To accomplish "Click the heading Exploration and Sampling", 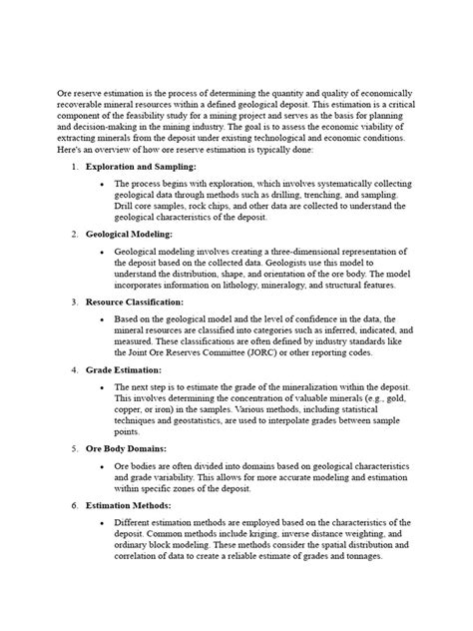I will tap(141, 166).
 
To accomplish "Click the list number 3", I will tap(73, 302).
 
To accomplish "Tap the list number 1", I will tap(73, 166).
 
